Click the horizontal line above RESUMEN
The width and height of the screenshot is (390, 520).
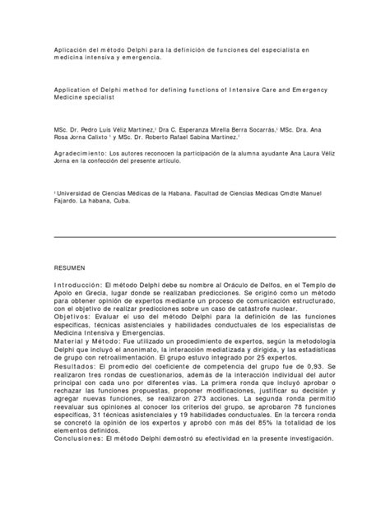point(194,237)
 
